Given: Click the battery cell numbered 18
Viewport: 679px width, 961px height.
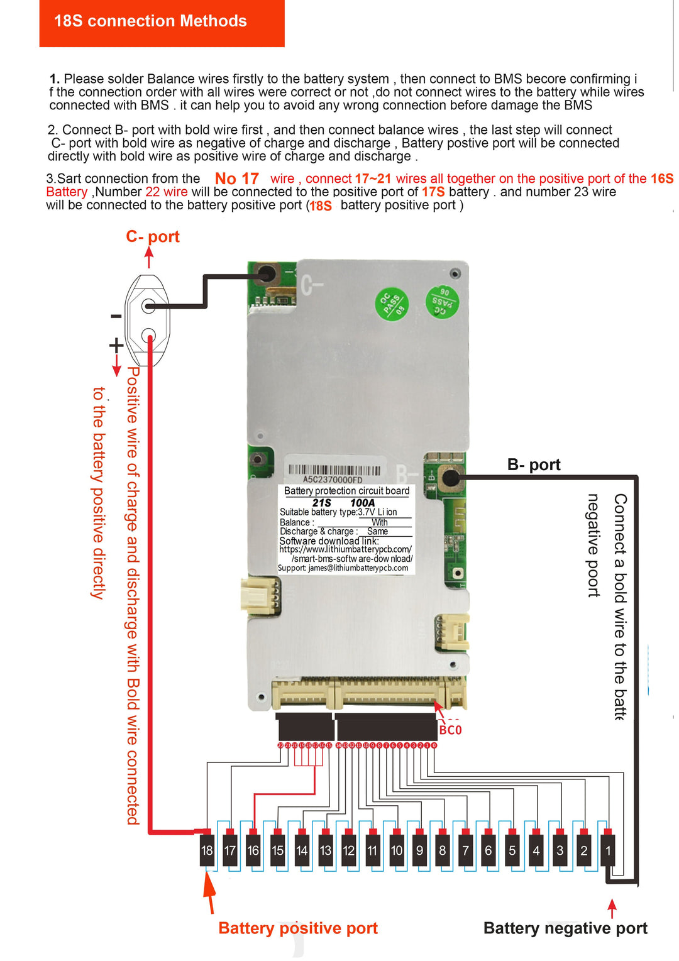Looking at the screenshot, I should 207,850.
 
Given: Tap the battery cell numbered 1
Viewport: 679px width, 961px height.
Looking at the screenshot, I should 607,850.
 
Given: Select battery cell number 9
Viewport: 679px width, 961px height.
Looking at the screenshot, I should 419,850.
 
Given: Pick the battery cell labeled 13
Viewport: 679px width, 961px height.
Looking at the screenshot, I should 325,850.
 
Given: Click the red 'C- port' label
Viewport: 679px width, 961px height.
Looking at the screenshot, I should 153,237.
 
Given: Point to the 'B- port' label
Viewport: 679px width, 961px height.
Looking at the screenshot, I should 534,464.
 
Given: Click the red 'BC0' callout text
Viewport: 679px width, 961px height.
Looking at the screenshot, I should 450,730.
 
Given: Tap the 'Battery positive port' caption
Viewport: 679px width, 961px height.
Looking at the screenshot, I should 298,928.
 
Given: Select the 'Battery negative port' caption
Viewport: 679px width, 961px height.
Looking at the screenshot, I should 565,928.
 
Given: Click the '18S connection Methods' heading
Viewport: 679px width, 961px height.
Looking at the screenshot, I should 151,21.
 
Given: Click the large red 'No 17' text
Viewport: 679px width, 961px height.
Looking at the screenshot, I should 237,179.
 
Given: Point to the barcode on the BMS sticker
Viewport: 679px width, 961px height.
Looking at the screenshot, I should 334,470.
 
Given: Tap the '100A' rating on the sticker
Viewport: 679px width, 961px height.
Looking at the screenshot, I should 363,503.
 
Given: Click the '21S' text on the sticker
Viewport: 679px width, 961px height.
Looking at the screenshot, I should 321,503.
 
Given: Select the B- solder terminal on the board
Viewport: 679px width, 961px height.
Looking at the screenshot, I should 450,478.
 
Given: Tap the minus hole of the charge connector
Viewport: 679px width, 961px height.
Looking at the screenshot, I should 148,306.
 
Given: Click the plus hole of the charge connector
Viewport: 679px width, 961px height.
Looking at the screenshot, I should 148,335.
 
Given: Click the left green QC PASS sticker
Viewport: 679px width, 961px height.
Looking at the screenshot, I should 392,304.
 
